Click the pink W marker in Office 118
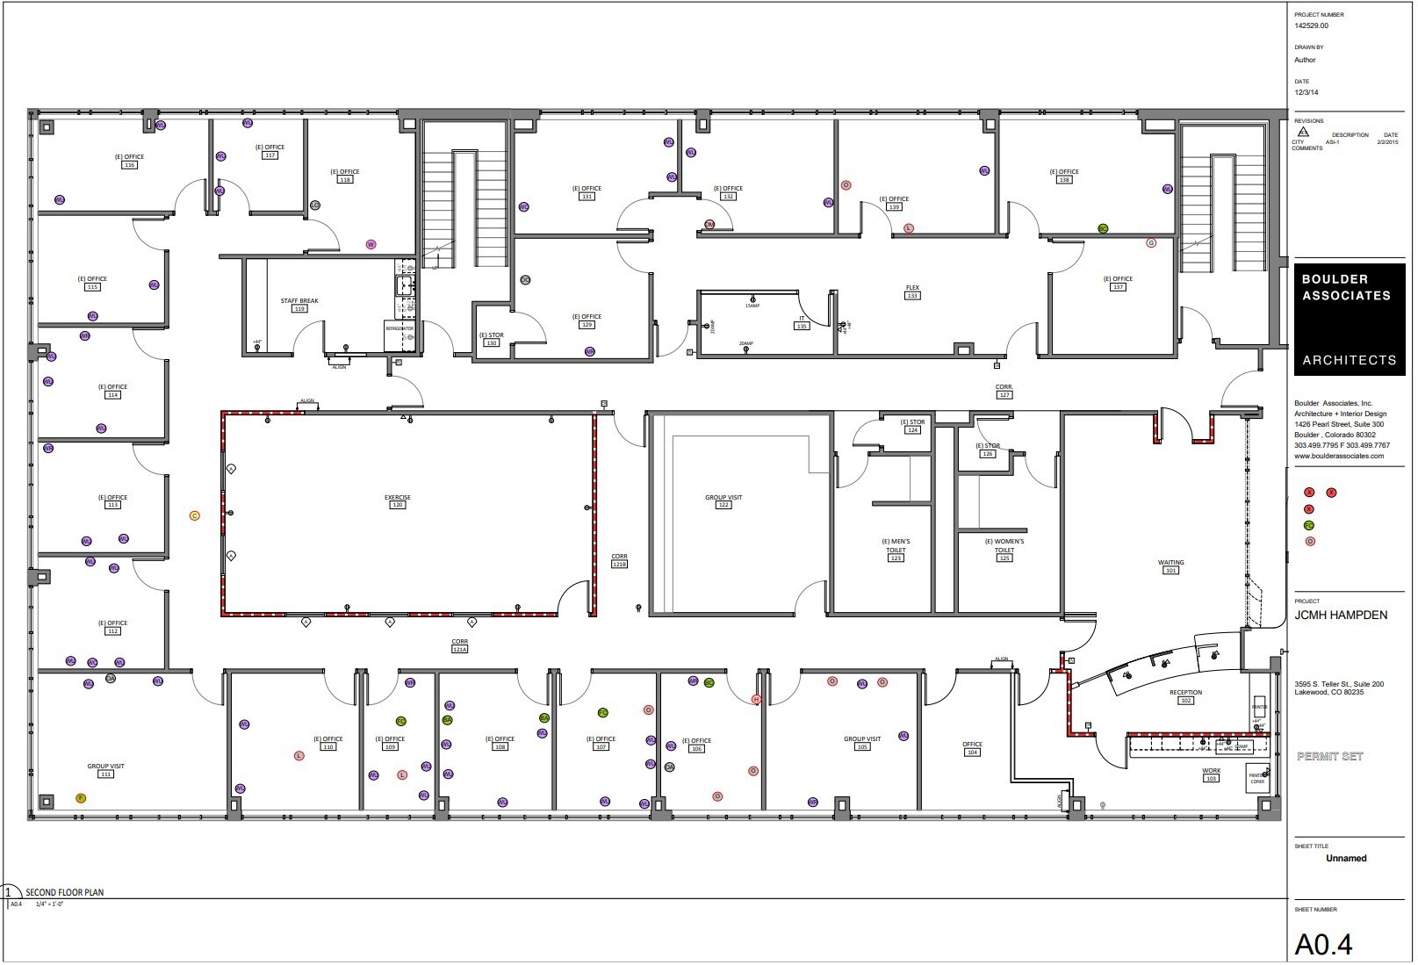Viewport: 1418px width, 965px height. pos(371,245)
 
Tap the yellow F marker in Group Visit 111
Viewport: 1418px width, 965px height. pos(81,799)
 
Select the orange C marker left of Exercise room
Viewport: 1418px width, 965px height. pos(195,516)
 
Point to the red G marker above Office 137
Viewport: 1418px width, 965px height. pos(1151,243)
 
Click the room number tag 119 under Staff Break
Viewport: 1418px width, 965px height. pos(299,309)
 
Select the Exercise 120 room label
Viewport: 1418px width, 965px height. pos(397,501)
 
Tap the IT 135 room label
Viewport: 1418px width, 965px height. pos(801,322)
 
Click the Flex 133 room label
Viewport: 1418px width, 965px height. pos(912,292)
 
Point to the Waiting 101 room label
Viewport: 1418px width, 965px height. pos(1170,566)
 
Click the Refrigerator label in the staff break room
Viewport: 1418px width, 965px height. pos(399,328)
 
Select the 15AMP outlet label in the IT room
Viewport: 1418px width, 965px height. pos(752,306)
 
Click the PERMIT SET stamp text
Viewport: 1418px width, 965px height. pos(1329,756)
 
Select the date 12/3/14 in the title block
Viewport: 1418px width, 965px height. pos(1306,92)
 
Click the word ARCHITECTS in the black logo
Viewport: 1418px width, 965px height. pos(1349,360)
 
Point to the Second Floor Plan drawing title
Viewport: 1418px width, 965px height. pos(64,893)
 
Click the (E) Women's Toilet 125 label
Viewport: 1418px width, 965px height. pos(1004,550)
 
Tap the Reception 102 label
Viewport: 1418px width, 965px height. pos(1185,696)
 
